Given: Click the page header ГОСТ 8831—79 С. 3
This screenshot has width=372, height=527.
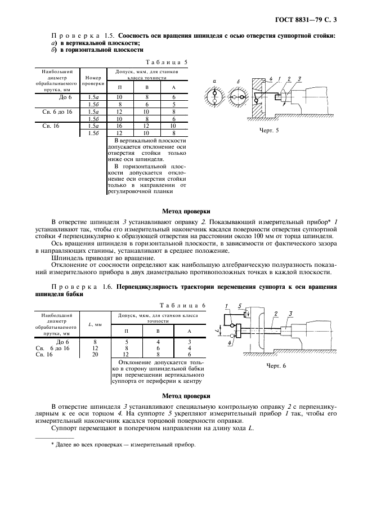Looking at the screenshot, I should [310, 20].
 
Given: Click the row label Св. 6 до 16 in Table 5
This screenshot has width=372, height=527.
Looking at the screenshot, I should [57, 111].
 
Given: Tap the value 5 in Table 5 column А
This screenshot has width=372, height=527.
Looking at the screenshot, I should [173, 104].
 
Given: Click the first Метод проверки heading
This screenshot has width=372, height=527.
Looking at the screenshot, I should [186, 211].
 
